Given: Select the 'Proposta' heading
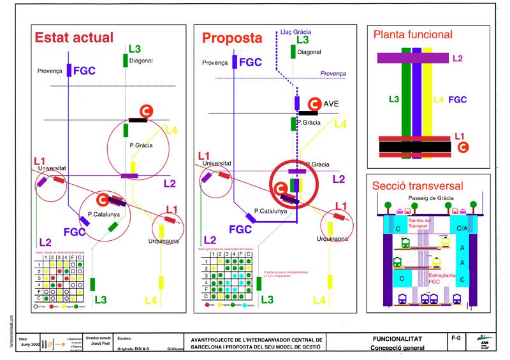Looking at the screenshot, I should (232, 38).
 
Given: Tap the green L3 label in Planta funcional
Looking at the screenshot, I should (394, 99).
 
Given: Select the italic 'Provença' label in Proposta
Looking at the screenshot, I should (333, 74).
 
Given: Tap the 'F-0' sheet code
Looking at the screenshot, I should (455, 338).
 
